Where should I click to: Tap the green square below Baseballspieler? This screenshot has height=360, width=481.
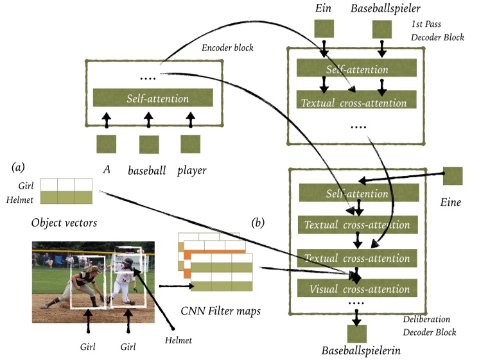tap(382, 29)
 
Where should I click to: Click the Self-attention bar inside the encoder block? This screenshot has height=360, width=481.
tap(153, 98)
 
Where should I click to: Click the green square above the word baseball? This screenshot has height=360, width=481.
tap(149, 144)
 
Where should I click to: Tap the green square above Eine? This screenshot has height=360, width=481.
tap(453, 176)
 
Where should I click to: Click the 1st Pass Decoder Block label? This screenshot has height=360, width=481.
tap(437, 31)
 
